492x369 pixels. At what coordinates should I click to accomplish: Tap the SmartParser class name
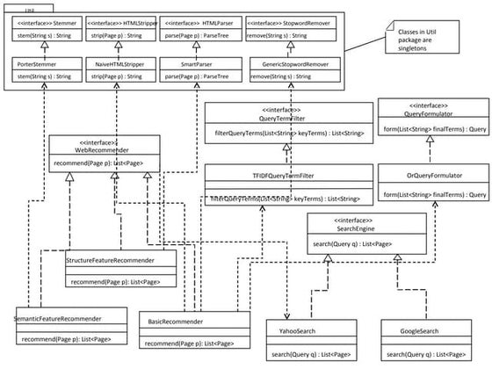pos(187,64)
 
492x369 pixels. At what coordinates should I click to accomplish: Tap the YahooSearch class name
pos(302,331)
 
